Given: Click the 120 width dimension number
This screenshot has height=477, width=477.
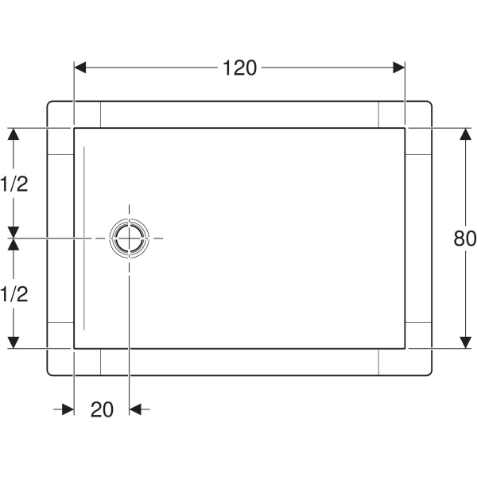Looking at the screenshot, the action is [240, 68].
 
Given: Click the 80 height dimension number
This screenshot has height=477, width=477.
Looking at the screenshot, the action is [465, 238].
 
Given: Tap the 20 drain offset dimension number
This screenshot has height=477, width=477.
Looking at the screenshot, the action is [102, 409].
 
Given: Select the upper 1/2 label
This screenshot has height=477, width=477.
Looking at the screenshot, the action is [14, 184].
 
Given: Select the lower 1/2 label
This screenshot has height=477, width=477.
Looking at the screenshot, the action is [14, 294].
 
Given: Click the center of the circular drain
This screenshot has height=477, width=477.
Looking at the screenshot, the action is [130, 238].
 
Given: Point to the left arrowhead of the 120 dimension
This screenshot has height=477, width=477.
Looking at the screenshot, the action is [80, 68].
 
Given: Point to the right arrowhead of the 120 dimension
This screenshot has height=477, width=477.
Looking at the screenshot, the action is [399, 68].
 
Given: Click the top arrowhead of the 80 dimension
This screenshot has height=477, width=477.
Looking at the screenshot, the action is [465, 134].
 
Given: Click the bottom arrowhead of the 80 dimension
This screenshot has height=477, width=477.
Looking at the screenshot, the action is [465, 343].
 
